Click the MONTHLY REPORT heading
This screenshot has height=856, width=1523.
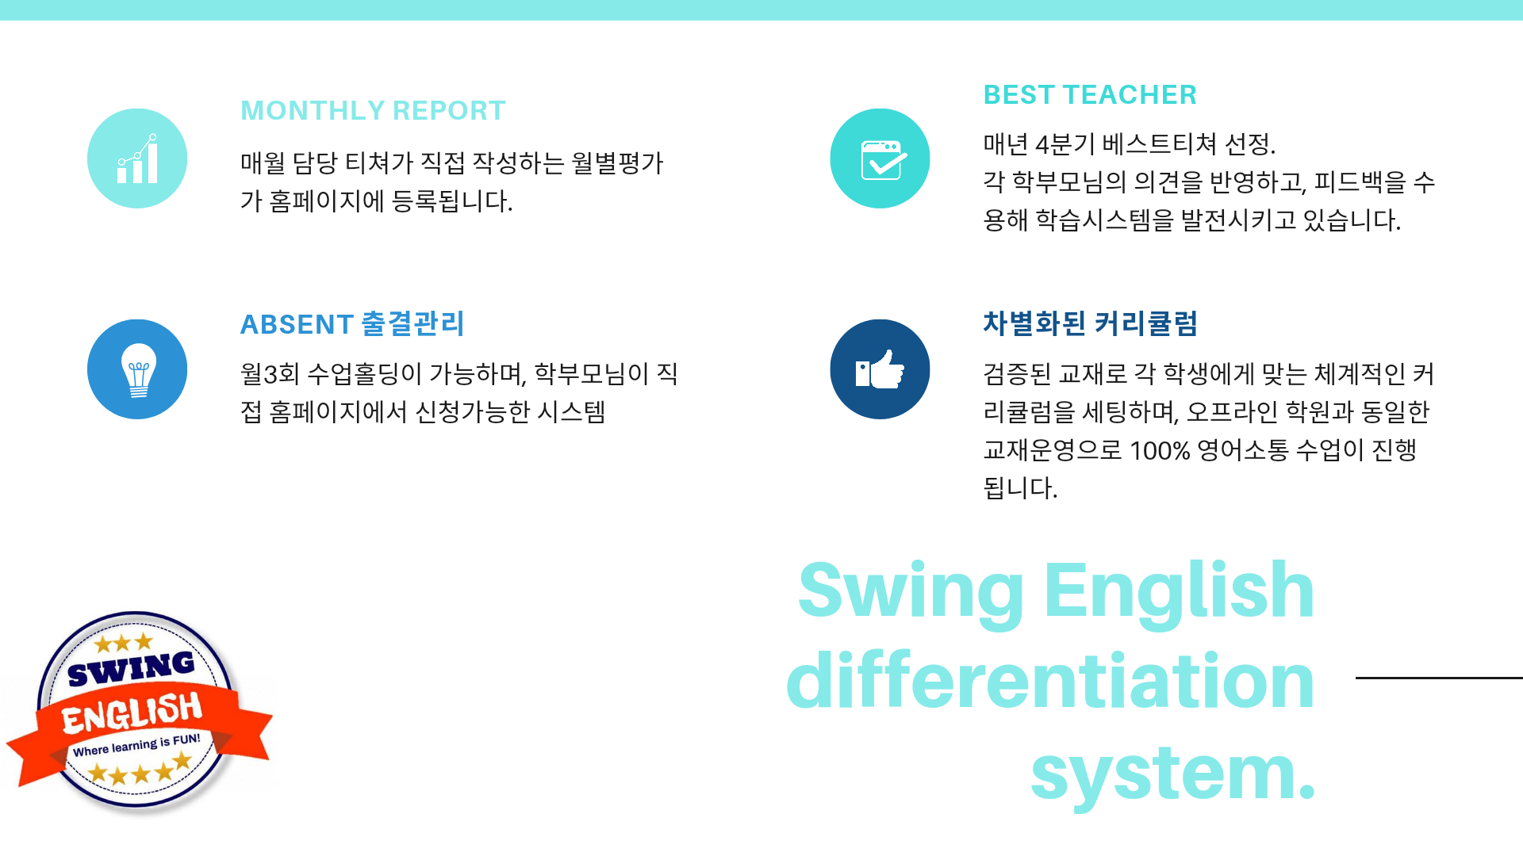pyautogui.click(x=373, y=111)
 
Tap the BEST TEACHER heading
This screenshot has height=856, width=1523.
pyautogui.click(x=1090, y=95)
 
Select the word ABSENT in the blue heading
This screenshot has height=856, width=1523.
pyautogui.click(x=297, y=324)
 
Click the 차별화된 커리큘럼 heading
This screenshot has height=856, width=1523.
pyautogui.click(x=1090, y=323)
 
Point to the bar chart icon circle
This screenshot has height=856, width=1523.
pyautogui.click(x=137, y=159)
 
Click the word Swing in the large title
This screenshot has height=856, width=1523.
pyautogui.click(x=911, y=593)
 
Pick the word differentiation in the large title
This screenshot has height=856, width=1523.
pyautogui.click(x=1050, y=680)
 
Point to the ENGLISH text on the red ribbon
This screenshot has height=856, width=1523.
pyautogui.click(x=132, y=713)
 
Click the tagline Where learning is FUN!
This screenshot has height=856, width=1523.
pyautogui.click(x=136, y=745)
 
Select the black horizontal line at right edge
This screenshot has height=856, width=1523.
pyautogui.click(x=1439, y=678)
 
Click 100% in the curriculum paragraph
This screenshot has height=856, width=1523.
pyautogui.click(x=1160, y=451)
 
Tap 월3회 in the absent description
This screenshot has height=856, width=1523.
pyautogui.click(x=270, y=373)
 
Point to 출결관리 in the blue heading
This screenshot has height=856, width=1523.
pyautogui.click(x=412, y=323)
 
